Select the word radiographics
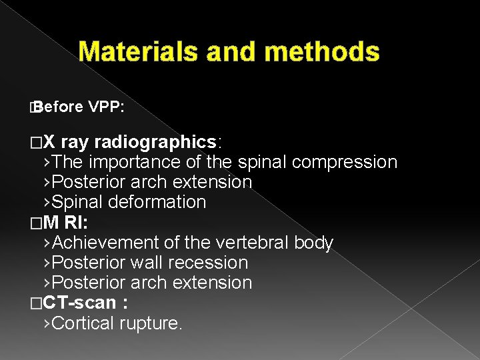pyautogui.click(x=155, y=142)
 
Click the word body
pyautogui.click(x=314, y=243)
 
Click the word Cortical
pyautogui.click(x=83, y=323)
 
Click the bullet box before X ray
pyautogui.click(x=35, y=143)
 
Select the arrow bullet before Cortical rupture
pyautogui.click(x=45, y=323)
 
